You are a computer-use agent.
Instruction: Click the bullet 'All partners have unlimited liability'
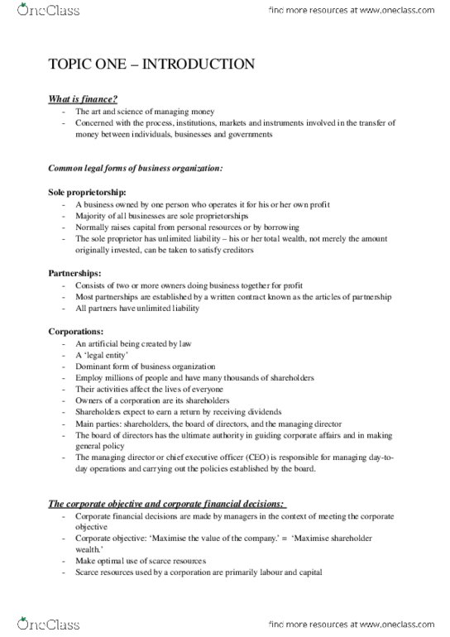click(136, 308)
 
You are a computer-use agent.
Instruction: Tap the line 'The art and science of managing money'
click(144, 111)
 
